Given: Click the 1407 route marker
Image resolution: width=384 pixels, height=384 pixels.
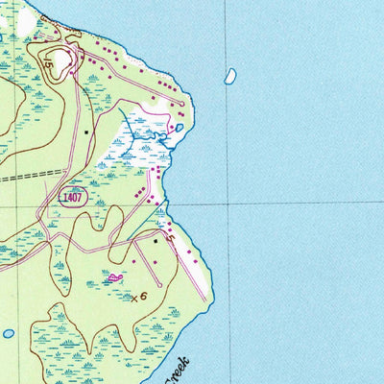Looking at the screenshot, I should tap(71, 197).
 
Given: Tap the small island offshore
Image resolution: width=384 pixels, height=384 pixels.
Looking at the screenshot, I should tap(230, 75).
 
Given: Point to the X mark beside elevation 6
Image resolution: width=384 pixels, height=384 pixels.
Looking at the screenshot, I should tap(133, 299).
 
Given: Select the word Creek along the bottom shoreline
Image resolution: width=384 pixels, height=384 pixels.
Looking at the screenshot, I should tap(179, 370).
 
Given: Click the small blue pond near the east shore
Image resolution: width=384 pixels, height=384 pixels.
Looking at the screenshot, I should tap(179, 127).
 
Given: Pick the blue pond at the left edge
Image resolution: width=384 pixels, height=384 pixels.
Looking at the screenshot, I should tap(8, 333).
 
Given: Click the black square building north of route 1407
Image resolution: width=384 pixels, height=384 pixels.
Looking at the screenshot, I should tap(85, 132).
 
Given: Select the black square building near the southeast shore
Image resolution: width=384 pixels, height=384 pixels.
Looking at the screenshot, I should tap(155, 242).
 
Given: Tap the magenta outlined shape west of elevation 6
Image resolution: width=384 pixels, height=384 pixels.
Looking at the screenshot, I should tap(115, 277).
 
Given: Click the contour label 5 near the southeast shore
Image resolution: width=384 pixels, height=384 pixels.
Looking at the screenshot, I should tap(170, 237).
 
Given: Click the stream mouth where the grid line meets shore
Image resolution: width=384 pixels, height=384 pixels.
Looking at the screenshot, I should tap(166, 204).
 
